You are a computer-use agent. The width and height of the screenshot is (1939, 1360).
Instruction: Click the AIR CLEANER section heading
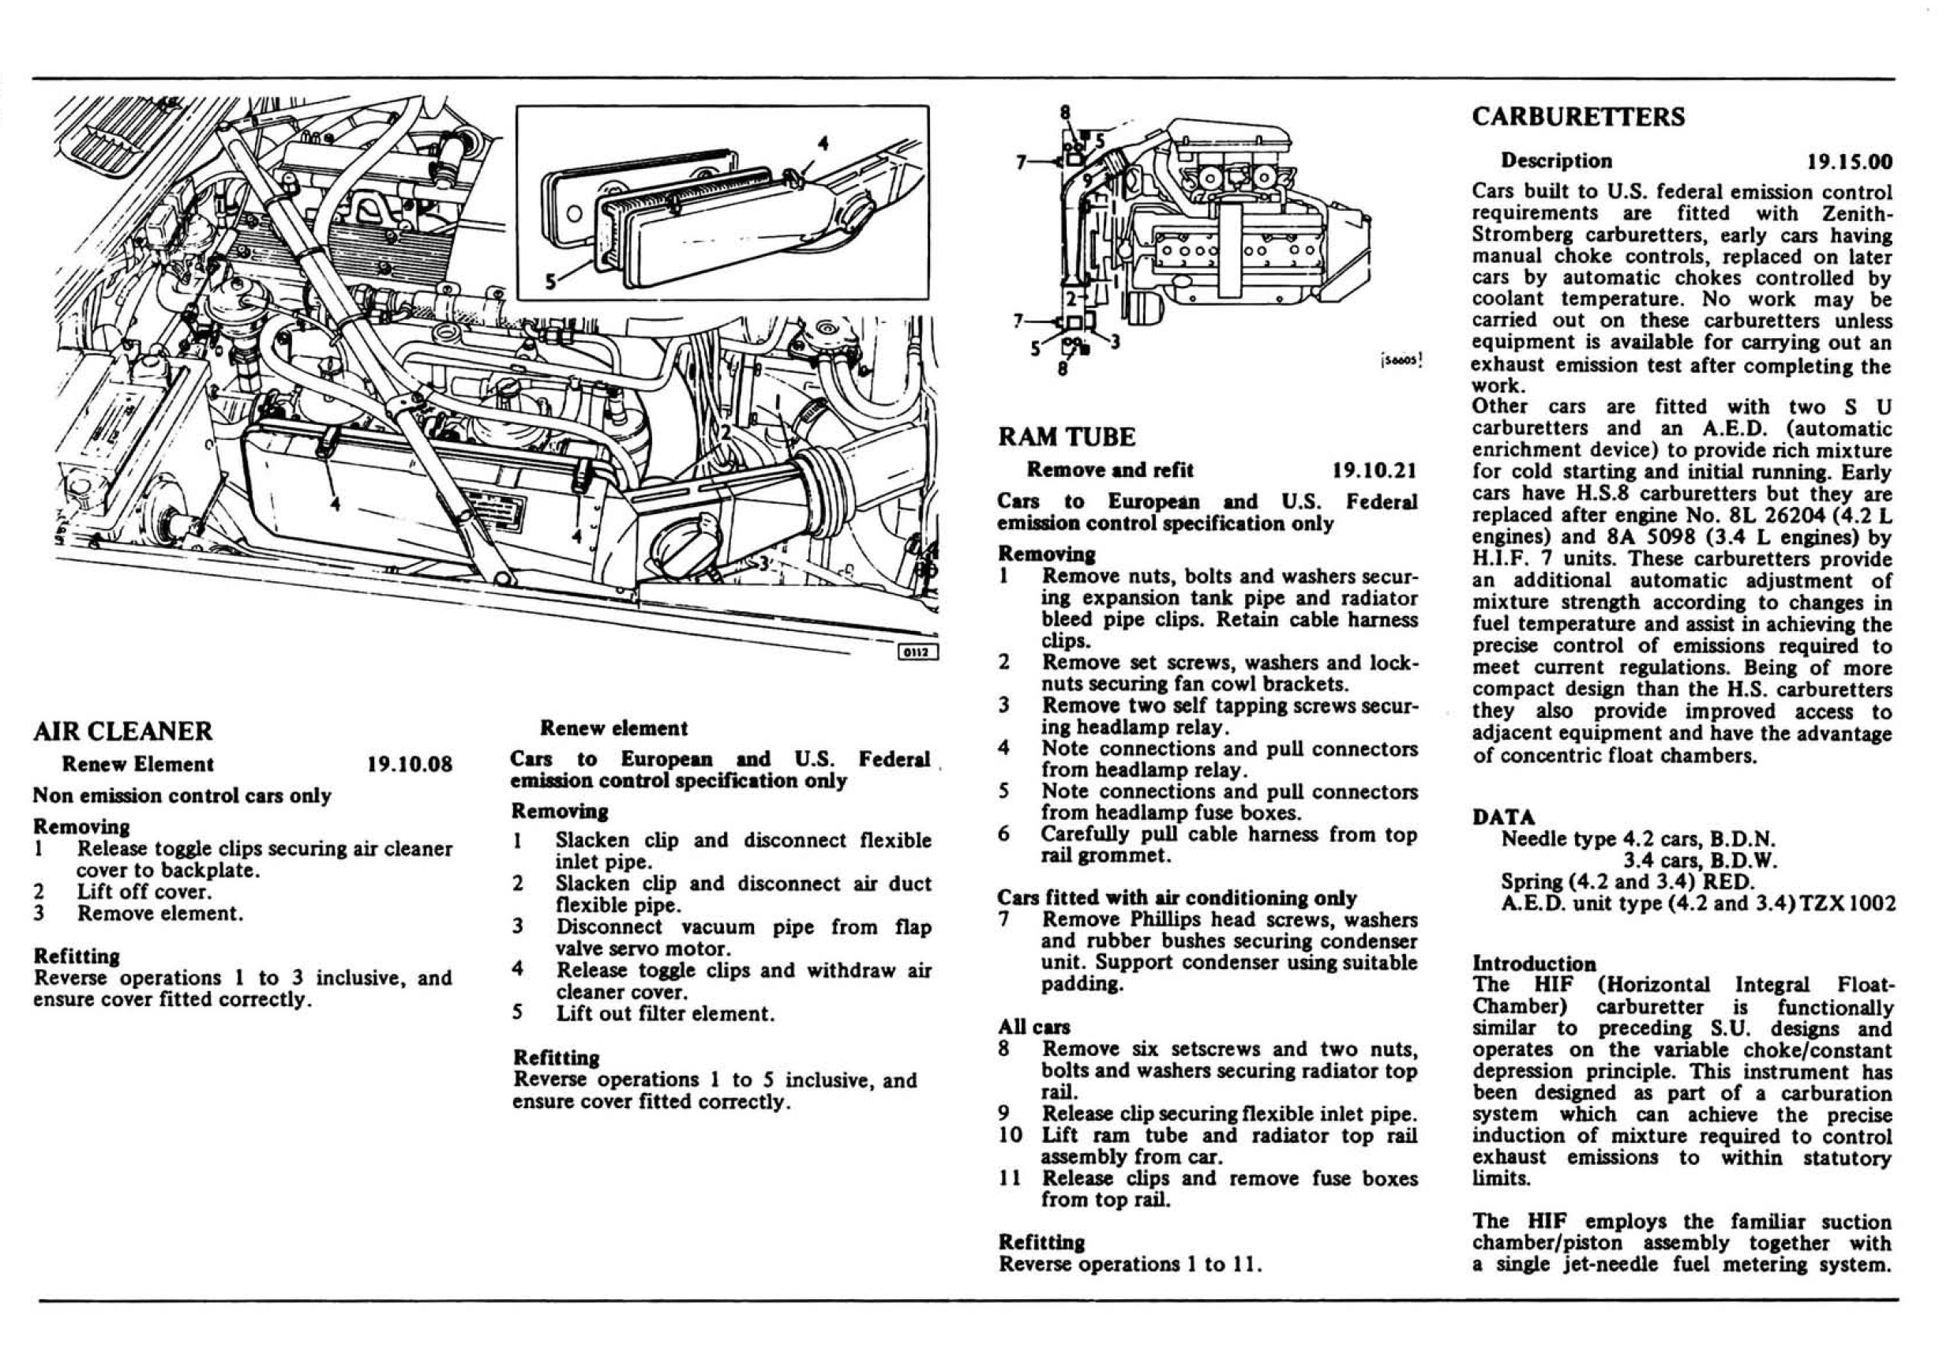pyautogui.click(x=123, y=731)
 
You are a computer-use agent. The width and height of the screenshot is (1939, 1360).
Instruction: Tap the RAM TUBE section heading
pyautogui.click(x=1067, y=437)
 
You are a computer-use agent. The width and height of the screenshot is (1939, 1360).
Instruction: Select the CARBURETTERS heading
pyautogui.click(x=1577, y=117)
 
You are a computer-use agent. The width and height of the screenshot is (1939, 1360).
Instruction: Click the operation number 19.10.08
pyautogui.click(x=410, y=765)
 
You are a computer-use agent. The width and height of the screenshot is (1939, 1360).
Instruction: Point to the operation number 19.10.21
pyautogui.click(x=1374, y=471)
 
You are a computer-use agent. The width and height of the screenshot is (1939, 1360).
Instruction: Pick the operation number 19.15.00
pyautogui.click(x=1850, y=161)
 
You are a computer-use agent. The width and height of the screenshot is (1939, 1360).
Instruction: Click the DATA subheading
pyautogui.click(x=1503, y=817)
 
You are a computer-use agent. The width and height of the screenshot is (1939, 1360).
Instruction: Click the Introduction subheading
pyautogui.click(x=1534, y=963)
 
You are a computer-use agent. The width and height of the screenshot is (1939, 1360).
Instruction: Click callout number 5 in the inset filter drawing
pyautogui.click(x=550, y=281)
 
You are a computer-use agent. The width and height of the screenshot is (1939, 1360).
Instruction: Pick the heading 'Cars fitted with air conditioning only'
pyautogui.click(x=1176, y=897)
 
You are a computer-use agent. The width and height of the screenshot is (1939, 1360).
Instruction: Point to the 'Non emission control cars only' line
pyautogui.click(x=182, y=796)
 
